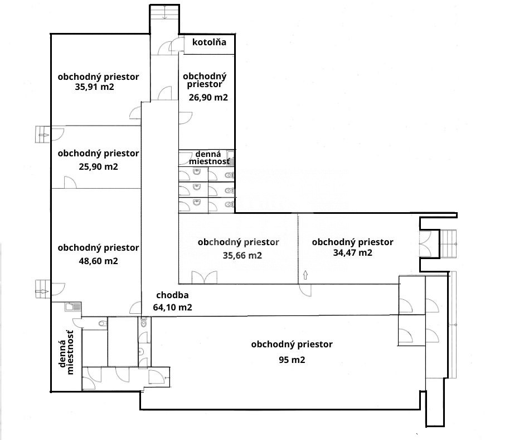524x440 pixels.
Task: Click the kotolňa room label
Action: (209, 42)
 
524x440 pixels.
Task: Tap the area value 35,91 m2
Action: (94, 87)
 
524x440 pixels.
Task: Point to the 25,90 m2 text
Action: (99, 166)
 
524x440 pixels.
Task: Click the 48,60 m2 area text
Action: (98, 261)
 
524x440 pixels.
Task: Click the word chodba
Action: (172, 295)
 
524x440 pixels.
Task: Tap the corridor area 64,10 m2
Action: (173, 307)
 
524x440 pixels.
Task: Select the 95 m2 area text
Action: (292, 360)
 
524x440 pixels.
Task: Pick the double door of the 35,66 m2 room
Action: (202, 277)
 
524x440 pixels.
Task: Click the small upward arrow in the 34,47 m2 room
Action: (305, 274)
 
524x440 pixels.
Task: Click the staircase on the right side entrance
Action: (449, 243)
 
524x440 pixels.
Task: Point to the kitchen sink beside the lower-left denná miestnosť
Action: (72, 306)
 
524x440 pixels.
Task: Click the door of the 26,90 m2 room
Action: (185, 118)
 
